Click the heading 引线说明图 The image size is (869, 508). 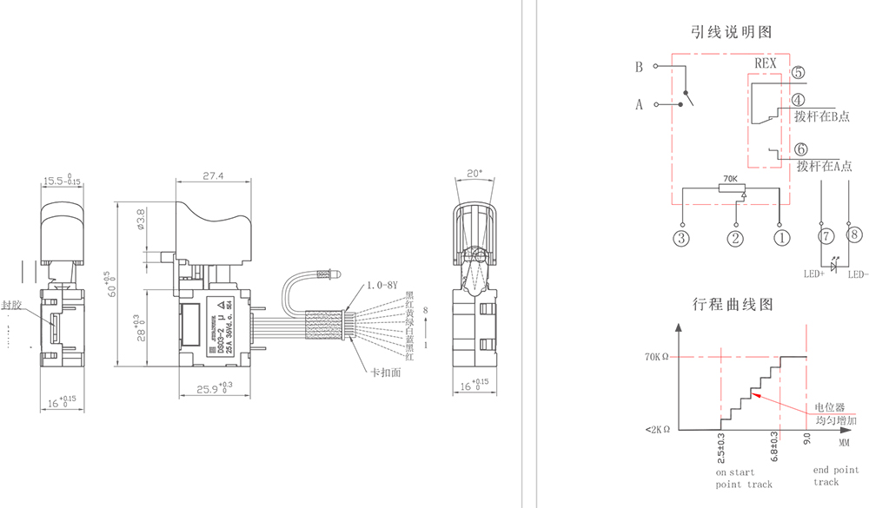coord(731,32)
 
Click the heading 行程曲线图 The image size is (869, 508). coord(732,305)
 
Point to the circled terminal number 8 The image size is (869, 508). coord(855,234)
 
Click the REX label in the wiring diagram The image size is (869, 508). coord(765,63)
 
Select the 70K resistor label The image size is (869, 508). coord(730,179)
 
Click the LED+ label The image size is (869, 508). coord(814,275)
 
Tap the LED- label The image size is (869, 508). coord(858,275)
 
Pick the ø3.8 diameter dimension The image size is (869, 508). coord(140,221)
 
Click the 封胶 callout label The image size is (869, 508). coord(11,306)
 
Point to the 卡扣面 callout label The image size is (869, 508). coord(383,371)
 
